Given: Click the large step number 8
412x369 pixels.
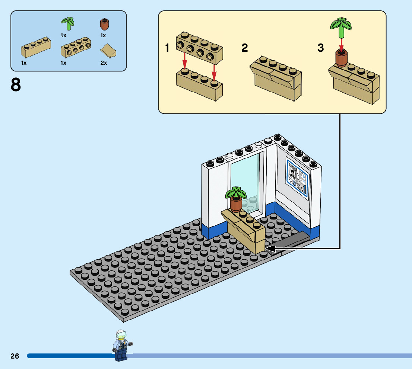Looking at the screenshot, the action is tap(16, 85).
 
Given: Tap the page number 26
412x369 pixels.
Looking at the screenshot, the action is tap(15, 356).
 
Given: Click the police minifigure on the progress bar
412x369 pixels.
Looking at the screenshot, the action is tap(121, 345).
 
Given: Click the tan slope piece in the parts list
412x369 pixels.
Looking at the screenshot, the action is tap(108, 51).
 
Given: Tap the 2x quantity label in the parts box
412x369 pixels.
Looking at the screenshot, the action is tap(104, 63).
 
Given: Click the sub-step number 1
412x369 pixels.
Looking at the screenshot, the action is tap(168, 48).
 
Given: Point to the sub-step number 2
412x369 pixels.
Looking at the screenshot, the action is tap(244, 48).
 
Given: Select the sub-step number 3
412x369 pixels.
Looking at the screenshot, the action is tap(320, 48).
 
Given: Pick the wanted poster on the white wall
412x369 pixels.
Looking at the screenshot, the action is tap(297, 176).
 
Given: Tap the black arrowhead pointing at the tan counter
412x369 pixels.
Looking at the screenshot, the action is tap(271, 248).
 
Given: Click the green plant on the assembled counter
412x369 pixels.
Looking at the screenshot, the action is tap(235, 193).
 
